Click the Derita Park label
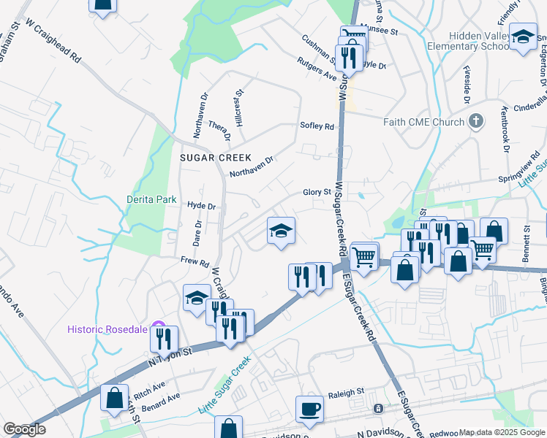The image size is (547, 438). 151,199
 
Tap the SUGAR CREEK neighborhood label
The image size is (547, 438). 216,158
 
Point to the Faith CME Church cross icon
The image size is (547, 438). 476,121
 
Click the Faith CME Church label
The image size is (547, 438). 423,122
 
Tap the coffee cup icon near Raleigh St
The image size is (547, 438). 309,410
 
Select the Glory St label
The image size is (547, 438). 317,192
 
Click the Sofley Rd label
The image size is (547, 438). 317,126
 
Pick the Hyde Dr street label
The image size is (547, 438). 202,207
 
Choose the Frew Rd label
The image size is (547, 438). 195,261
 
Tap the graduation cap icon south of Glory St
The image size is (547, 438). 281,231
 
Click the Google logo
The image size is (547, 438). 24,429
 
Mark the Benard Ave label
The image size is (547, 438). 161,399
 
